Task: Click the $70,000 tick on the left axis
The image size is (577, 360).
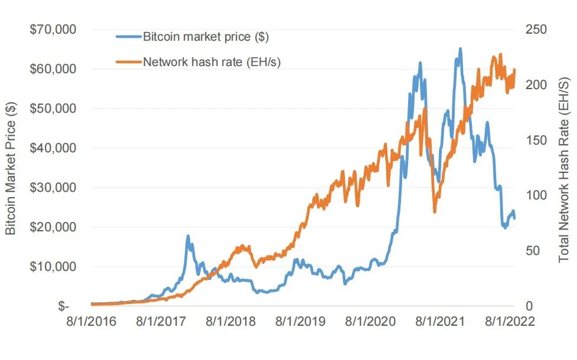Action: click(x=53, y=29)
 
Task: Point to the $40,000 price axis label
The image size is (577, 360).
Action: click(x=53, y=148)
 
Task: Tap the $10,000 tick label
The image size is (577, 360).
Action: click(x=53, y=266)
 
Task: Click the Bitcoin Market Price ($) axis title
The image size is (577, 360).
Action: click(x=12, y=168)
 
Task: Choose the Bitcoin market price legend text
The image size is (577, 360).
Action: click(x=206, y=37)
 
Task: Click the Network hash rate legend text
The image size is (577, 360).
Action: click(x=211, y=61)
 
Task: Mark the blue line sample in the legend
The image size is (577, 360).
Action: click(x=129, y=37)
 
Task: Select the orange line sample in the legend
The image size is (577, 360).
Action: click(x=129, y=61)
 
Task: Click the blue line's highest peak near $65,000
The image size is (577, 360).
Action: click(x=460, y=49)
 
